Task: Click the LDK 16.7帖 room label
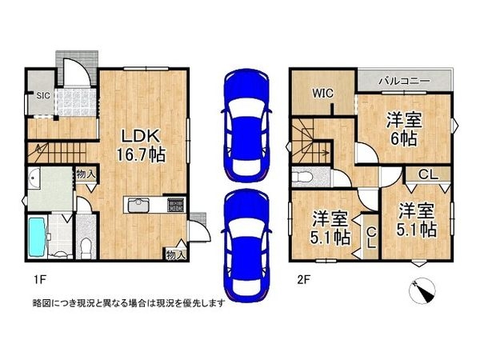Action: tap(141, 146)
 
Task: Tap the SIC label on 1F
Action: tap(43, 95)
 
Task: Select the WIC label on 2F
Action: tap(323, 93)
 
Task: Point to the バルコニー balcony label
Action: tap(405, 81)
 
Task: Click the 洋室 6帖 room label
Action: tap(404, 129)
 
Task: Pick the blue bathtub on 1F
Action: tap(38, 237)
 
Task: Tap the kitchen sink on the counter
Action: tap(138, 205)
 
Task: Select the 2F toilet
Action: tap(302, 177)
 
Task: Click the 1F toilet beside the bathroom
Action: tap(86, 247)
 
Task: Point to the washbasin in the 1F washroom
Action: tap(33, 178)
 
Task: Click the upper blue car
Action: tap(246, 126)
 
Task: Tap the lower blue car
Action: tap(246, 246)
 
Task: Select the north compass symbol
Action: tap(422, 290)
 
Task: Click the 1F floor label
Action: tap(39, 279)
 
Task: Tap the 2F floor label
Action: tap(304, 279)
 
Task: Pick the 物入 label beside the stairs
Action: tap(86, 174)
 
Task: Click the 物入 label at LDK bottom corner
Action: tap(174, 254)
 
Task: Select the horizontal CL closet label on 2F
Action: tap(428, 174)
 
